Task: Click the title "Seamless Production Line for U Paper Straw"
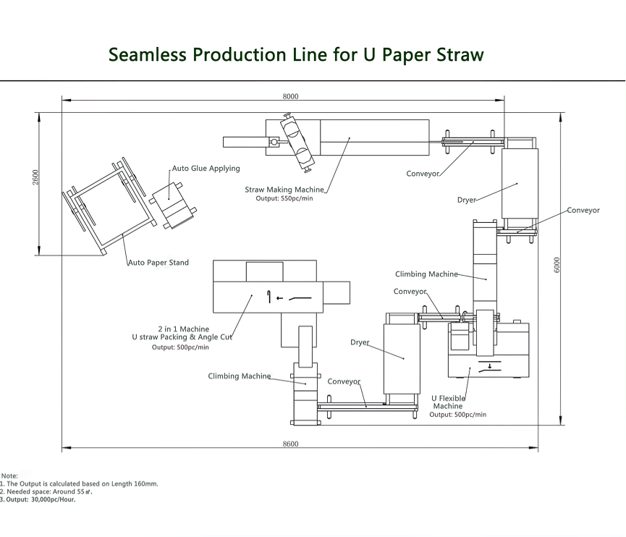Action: coord(296,54)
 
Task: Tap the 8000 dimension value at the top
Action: coord(290,96)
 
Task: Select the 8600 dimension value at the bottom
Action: coord(290,444)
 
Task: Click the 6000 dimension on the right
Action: coord(557,265)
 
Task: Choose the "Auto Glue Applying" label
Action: coord(206,169)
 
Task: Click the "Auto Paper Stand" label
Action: coord(158,263)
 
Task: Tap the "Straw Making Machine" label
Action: coord(284,190)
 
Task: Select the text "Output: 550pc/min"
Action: coord(284,198)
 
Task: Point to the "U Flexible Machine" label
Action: coord(448,402)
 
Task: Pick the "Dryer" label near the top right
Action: coord(466,200)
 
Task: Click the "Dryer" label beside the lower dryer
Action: coord(360,342)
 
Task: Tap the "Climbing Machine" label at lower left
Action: coord(239,376)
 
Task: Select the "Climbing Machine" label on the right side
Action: coord(426,274)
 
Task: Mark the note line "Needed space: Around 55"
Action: coord(48,491)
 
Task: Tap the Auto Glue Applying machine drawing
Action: coord(174,207)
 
